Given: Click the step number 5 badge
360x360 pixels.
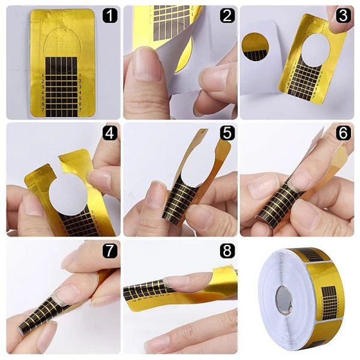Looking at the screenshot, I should (226, 133).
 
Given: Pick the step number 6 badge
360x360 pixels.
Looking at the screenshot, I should (343, 133).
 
